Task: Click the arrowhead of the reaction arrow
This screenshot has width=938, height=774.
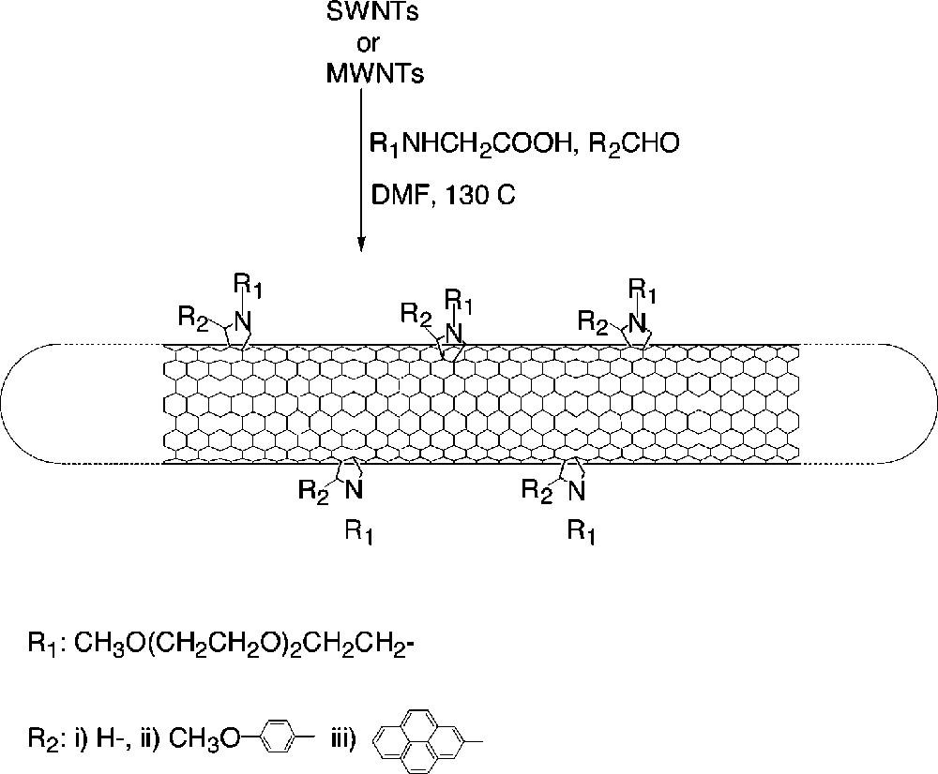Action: pyautogui.click(x=361, y=246)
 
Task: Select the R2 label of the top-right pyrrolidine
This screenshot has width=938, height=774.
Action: pyautogui.click(x=592, y=323)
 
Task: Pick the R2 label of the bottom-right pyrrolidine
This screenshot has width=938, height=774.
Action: pyautogui.click(x=535, y=490)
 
